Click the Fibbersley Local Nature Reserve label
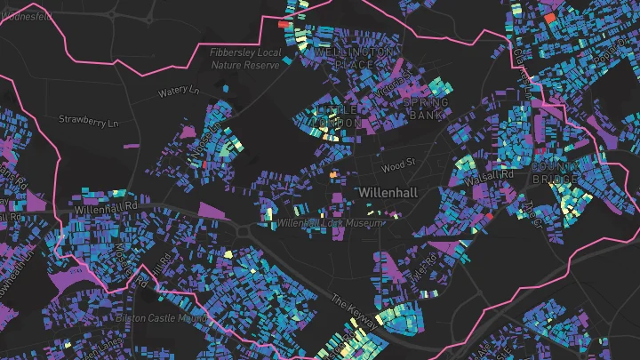point(245,59)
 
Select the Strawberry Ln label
point(88,120)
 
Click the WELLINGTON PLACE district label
point(354,59)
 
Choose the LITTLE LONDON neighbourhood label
point(339,116)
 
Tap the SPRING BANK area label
point(426,108)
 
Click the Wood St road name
point(397,163)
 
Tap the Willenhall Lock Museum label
point(330,222)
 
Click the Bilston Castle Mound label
point(161,317)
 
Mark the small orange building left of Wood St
point(334,175)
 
